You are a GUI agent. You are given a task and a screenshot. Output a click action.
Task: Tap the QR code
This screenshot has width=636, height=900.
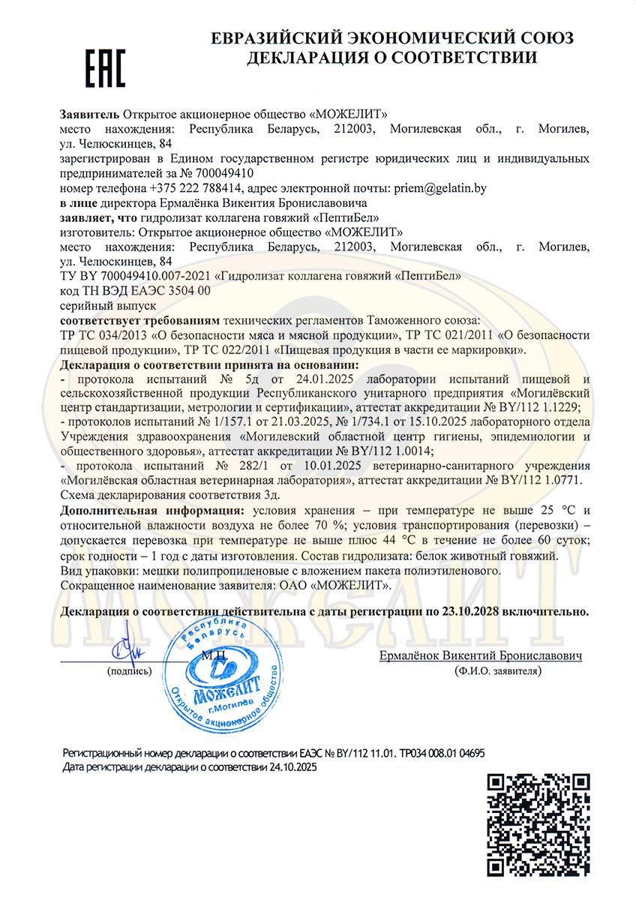pyautogui.click(x=535, y=826)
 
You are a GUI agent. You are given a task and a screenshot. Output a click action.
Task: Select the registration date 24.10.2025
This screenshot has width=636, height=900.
pyautogui.click(x=295, y=767)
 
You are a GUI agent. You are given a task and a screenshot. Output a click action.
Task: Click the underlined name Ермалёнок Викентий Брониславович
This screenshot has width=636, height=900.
pyautogui.click(x=481, y=655)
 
